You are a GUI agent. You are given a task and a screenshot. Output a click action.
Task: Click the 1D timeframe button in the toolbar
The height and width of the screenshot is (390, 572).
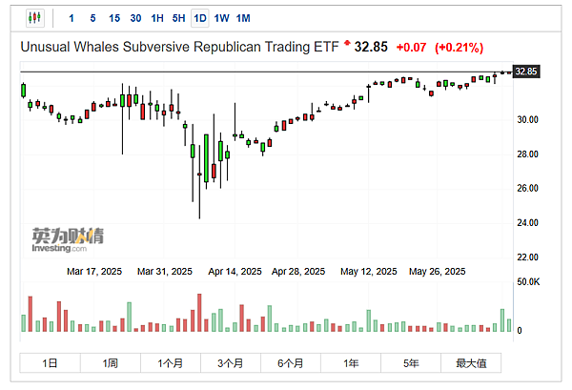200,18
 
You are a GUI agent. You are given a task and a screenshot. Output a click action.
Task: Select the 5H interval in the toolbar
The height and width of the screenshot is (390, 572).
178,18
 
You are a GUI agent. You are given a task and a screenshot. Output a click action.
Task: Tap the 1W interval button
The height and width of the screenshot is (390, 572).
221,18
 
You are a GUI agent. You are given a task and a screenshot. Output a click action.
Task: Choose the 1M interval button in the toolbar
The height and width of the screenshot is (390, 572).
243,18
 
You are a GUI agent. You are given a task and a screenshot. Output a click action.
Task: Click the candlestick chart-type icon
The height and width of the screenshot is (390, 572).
35,18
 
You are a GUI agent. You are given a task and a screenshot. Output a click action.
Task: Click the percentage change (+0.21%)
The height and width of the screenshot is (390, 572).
459,47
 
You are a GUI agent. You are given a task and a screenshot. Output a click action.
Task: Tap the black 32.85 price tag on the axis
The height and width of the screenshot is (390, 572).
526,72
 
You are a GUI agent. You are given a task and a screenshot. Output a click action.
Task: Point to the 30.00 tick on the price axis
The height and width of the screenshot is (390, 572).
526,120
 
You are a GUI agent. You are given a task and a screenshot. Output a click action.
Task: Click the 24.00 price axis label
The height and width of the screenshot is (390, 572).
526,223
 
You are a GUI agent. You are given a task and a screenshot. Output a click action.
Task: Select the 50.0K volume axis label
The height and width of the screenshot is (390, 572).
527,282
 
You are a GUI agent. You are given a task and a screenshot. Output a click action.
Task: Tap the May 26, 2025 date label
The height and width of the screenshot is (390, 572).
437,271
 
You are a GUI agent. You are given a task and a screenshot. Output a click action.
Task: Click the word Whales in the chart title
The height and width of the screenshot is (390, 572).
97,47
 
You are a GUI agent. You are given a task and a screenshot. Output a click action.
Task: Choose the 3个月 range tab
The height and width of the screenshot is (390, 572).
231,363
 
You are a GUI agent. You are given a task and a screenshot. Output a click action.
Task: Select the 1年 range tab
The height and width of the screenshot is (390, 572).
352,363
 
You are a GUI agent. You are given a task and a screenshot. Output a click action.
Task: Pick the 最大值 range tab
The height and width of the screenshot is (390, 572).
471,363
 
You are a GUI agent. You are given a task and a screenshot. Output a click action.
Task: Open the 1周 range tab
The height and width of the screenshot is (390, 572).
111,363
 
